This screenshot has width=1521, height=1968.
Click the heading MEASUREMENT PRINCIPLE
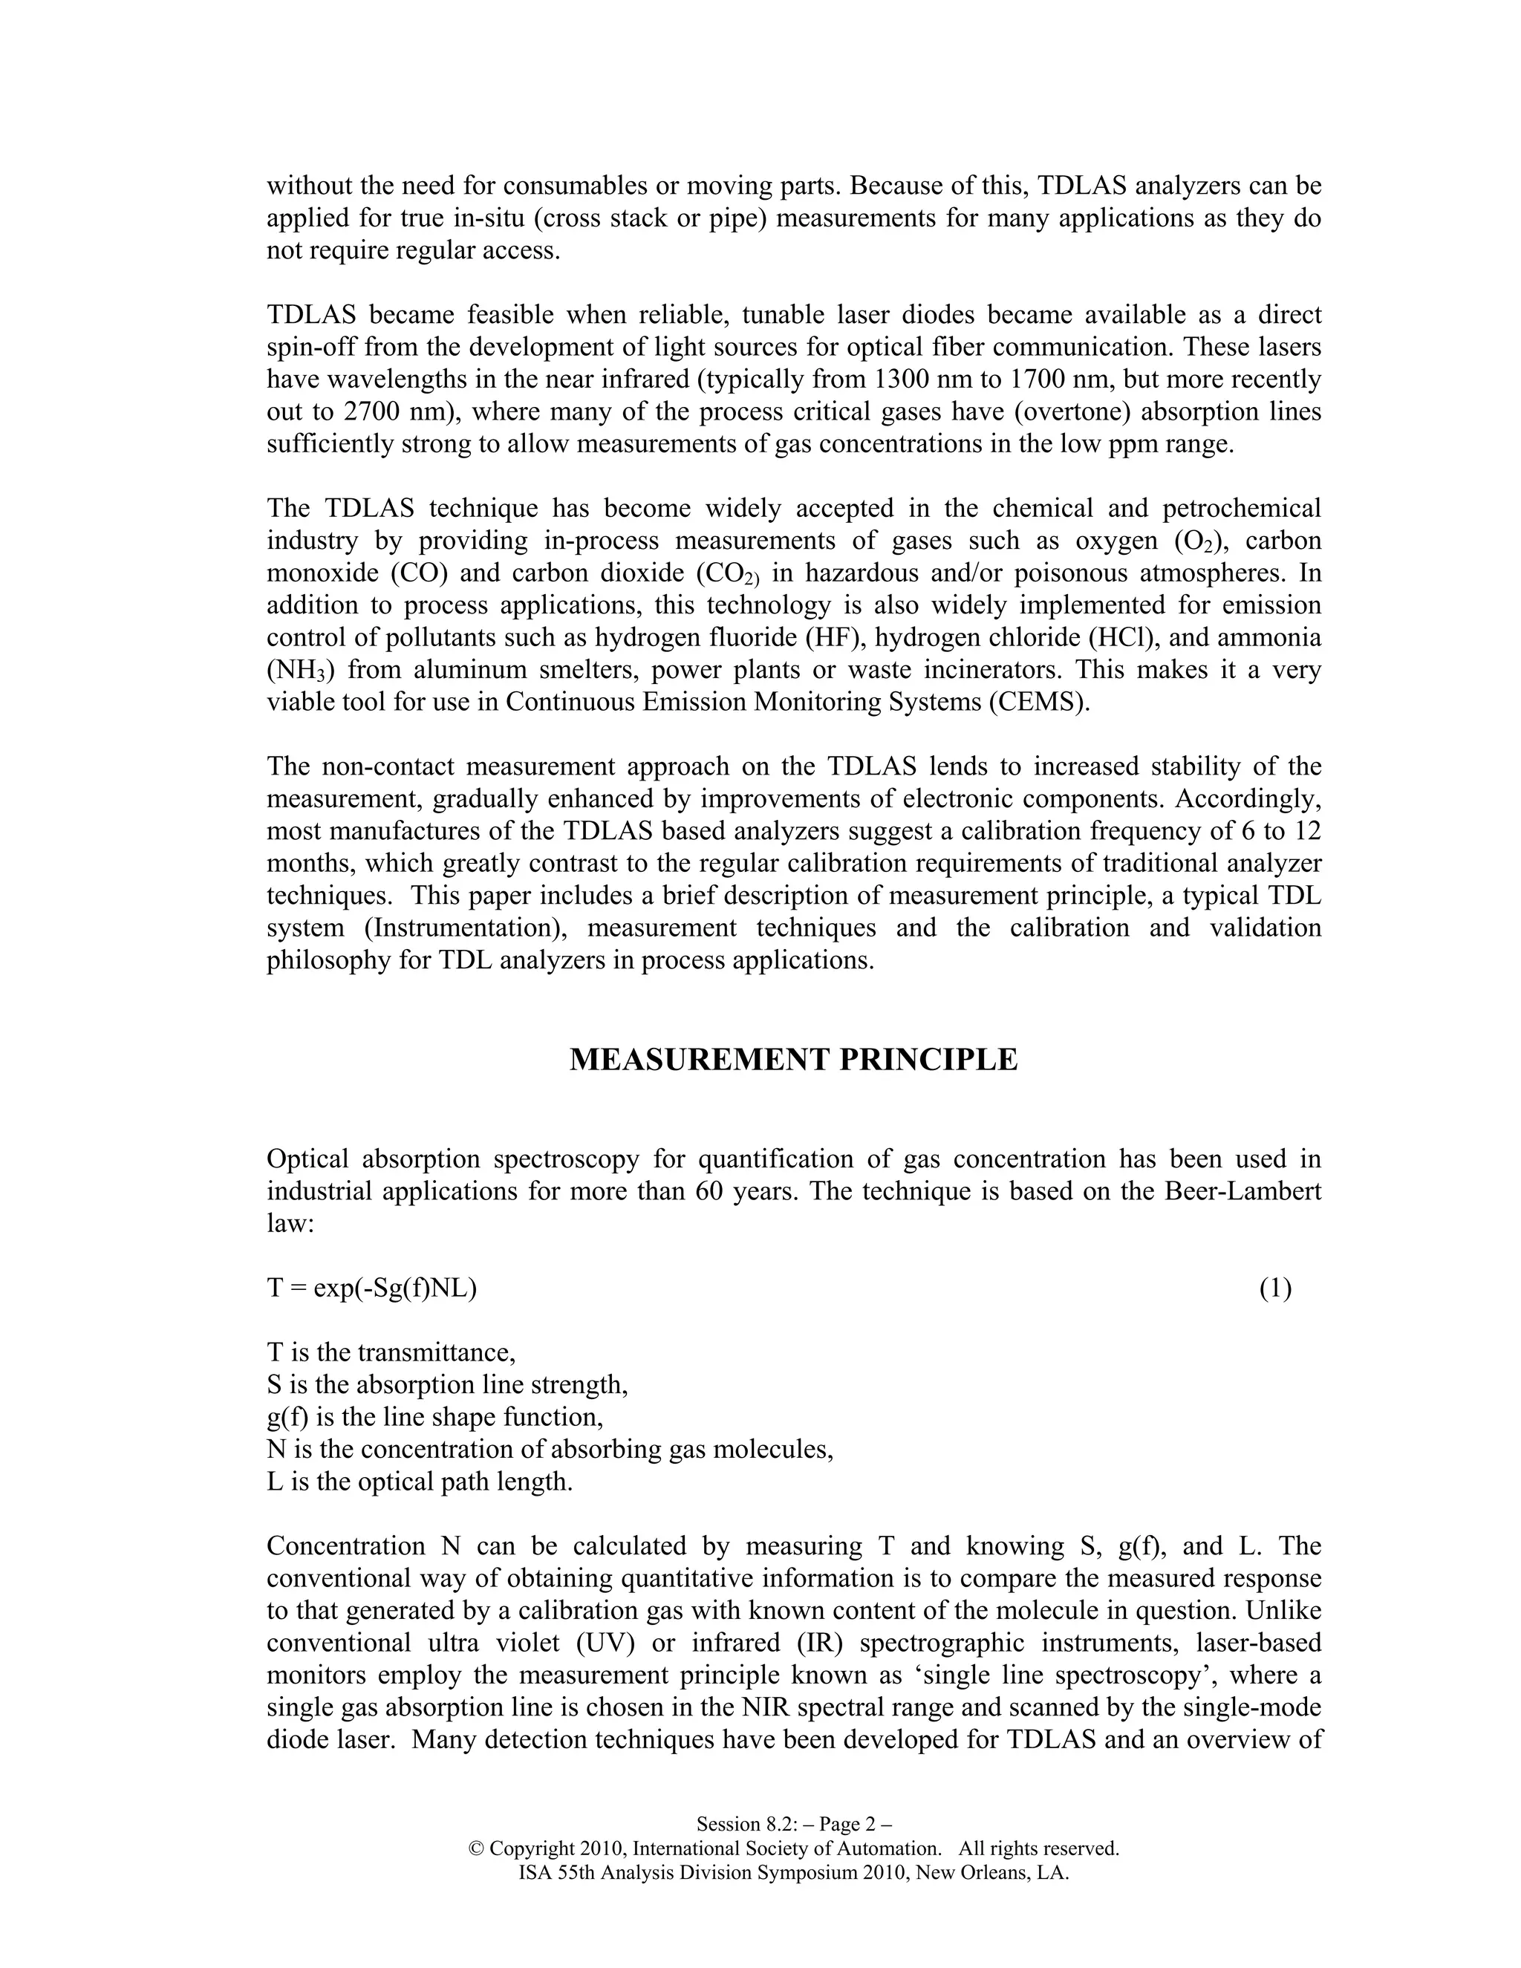tap(793, 1060)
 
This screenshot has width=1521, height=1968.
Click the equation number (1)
tap(1275, 1288)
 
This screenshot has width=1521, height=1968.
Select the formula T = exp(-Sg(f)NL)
tap(371, 1288)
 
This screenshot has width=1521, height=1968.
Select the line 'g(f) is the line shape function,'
tap(434, 1418)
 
